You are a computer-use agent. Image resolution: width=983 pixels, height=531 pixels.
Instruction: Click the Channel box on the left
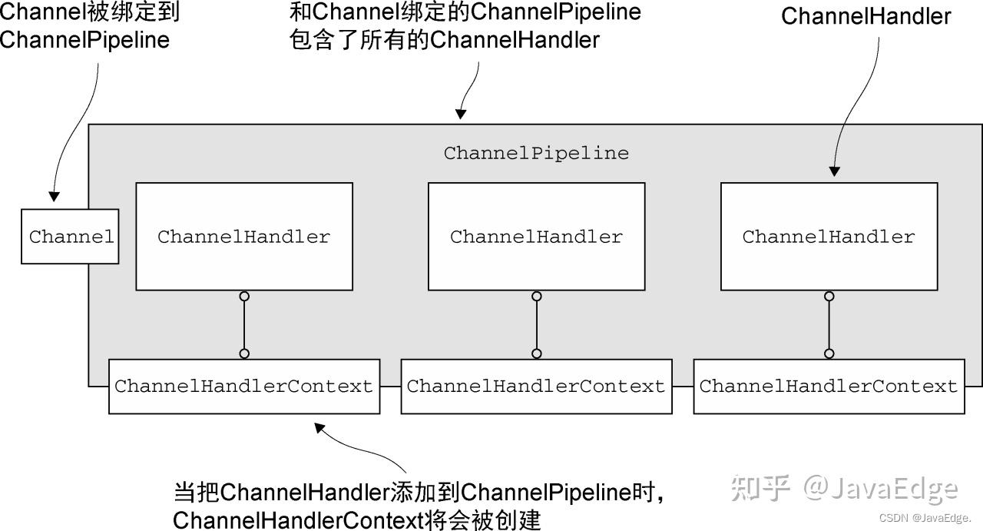point(70,237)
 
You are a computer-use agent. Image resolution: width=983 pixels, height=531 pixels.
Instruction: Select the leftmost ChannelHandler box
point(244,237)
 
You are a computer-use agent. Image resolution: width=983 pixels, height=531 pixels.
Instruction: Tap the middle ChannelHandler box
point(536,237)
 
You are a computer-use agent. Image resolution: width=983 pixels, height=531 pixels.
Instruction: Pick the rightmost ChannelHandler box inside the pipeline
point(829,237)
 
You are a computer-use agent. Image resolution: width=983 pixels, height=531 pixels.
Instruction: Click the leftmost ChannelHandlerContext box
point(244,387)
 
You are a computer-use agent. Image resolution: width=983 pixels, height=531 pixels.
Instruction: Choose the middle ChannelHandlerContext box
point(536,387)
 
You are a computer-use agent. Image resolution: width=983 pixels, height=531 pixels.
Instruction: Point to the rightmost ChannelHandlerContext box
point(829,387)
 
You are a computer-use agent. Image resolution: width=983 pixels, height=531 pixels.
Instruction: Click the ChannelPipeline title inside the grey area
point(536,154)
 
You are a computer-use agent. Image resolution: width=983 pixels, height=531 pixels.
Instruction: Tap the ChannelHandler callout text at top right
point(866,16)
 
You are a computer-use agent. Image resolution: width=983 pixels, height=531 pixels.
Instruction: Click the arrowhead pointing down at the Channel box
point(54,196)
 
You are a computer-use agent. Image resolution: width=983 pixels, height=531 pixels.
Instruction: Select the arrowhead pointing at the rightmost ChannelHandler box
point(835,171)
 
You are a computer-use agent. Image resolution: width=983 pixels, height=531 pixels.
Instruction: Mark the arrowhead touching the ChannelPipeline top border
point(461,114)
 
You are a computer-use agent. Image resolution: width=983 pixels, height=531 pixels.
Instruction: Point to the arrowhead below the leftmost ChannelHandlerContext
point(319,427)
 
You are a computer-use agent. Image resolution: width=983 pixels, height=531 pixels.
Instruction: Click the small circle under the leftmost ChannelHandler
point(244,297)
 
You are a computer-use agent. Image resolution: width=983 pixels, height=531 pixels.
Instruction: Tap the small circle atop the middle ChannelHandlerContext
point(536,353)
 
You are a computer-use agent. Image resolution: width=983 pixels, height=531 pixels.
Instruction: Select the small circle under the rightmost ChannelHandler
point(829,297)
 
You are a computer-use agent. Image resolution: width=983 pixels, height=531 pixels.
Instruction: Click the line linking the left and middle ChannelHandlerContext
point(390,387)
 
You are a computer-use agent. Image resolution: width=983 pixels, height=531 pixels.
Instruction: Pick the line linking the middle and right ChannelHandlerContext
point(683,387)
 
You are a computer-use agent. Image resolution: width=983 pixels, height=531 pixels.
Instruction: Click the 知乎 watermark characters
point(760,487)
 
